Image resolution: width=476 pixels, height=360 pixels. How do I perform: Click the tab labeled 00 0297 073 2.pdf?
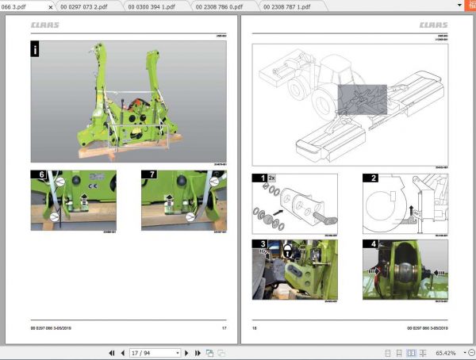tap(88, 6)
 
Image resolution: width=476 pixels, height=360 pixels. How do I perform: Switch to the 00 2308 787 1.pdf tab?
tap(290, 6)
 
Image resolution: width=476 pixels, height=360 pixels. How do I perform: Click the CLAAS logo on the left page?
tap(45, 25)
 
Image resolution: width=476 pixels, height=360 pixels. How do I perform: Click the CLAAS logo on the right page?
tap(433, 25)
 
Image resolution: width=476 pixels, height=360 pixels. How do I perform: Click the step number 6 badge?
tap(36, 174)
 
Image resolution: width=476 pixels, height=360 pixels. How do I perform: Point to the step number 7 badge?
tap(147, 174)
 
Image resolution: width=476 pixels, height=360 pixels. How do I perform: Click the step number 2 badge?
tap(369, 178)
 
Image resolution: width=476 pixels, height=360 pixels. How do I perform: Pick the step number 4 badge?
tap(369, 243)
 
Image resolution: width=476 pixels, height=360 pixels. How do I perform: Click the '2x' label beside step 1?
tap(271, 178)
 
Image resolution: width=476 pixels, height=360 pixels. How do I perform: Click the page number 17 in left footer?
tap(224, 327)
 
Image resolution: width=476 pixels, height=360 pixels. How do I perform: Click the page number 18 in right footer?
tap(255, 327)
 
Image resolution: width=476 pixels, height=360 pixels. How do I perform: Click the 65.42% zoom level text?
tap(446, 353)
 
